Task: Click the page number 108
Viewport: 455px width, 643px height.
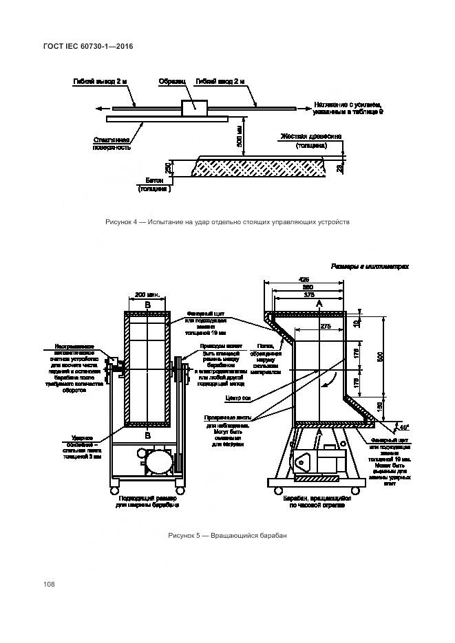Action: [49, 585]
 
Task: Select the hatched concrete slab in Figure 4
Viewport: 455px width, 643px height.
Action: [262, 166]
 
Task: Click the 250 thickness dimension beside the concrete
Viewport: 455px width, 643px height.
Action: [168, 167]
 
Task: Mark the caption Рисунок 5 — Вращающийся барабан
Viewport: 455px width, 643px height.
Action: [227, 535]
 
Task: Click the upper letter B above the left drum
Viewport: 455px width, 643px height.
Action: [147, 304]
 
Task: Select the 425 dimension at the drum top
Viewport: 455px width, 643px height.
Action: [303, 280]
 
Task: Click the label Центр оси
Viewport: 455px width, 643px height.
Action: [237, 397]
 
